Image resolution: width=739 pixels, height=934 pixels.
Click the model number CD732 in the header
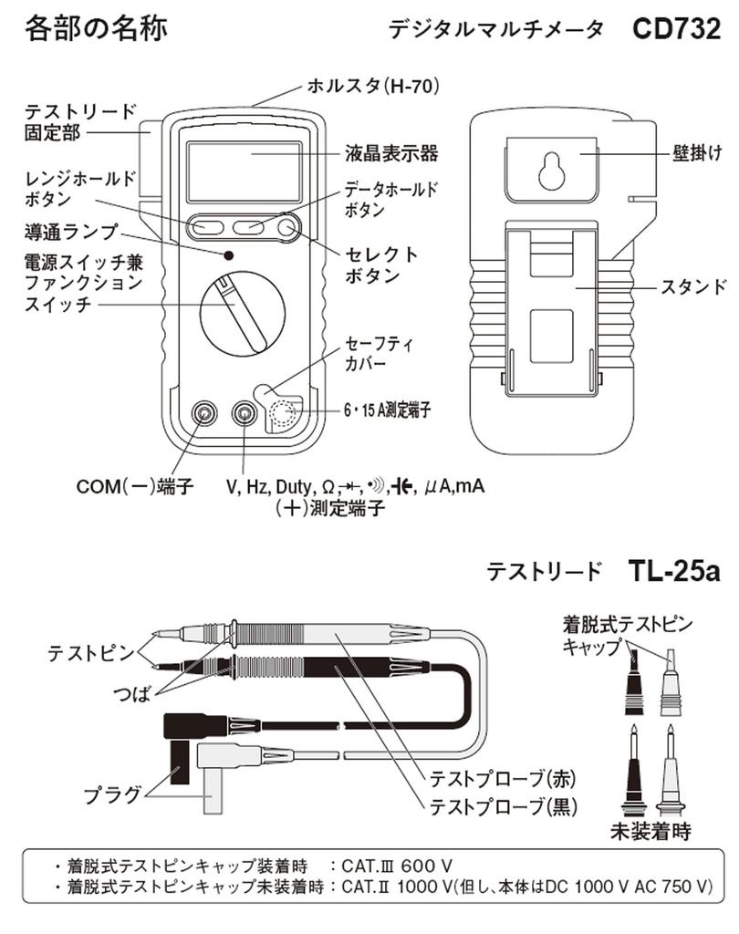point(676,28)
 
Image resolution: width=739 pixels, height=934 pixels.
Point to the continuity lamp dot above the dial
point(228,255)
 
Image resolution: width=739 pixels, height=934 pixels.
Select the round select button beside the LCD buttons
point(288,226)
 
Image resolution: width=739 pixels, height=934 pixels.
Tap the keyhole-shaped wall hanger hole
point(551,170)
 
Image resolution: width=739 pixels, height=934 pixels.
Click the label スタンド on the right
point(694,287)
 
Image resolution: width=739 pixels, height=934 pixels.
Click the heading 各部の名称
point(95,28)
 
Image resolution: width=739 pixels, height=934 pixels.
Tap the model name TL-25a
point(674,571)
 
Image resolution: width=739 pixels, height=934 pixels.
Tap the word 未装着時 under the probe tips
point(650,831)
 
